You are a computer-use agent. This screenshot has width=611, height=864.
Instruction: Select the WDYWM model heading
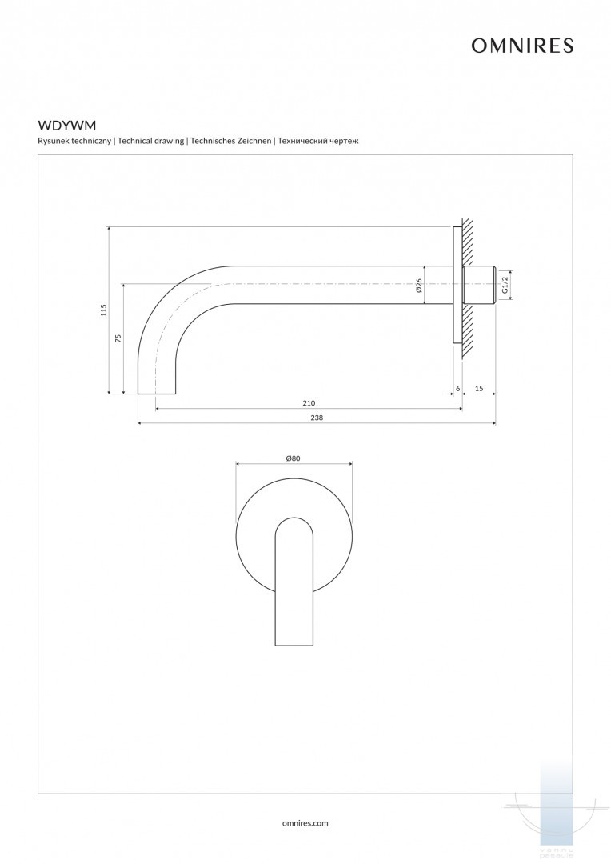tap(67, 126)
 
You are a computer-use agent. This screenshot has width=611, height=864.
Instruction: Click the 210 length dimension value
tap(309, 402)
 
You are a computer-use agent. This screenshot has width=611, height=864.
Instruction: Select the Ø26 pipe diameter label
tap(419, 286)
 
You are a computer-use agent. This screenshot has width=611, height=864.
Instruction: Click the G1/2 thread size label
tap(505, 285)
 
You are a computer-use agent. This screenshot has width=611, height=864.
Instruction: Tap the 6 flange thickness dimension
tap(457, 388)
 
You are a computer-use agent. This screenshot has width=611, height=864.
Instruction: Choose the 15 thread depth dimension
tap(479, 388)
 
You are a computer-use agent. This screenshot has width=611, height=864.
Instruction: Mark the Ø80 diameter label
tap(293, 458)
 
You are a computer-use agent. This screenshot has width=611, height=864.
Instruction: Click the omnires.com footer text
tap(305, 822)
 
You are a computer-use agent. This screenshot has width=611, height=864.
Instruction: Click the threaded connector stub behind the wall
tap(481, 286)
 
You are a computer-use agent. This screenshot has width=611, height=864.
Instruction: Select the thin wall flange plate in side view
tap(457, 286)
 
